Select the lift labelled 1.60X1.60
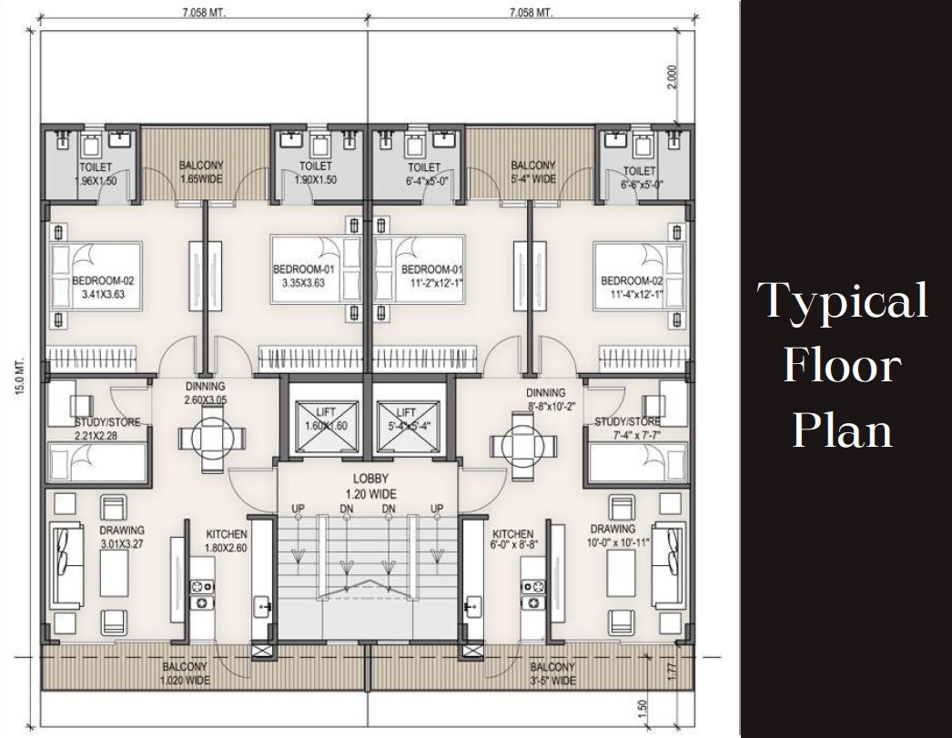click(x=325, y=420)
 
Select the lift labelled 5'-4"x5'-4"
click(x=410, y=420)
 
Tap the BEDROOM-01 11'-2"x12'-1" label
click(x=432, y=276)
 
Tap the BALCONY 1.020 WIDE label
click(x=185, y=672)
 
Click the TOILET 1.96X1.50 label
click(x=95, y=174)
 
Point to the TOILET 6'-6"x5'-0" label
click(x=640, y=177)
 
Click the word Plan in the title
click(x=841, y=429)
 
